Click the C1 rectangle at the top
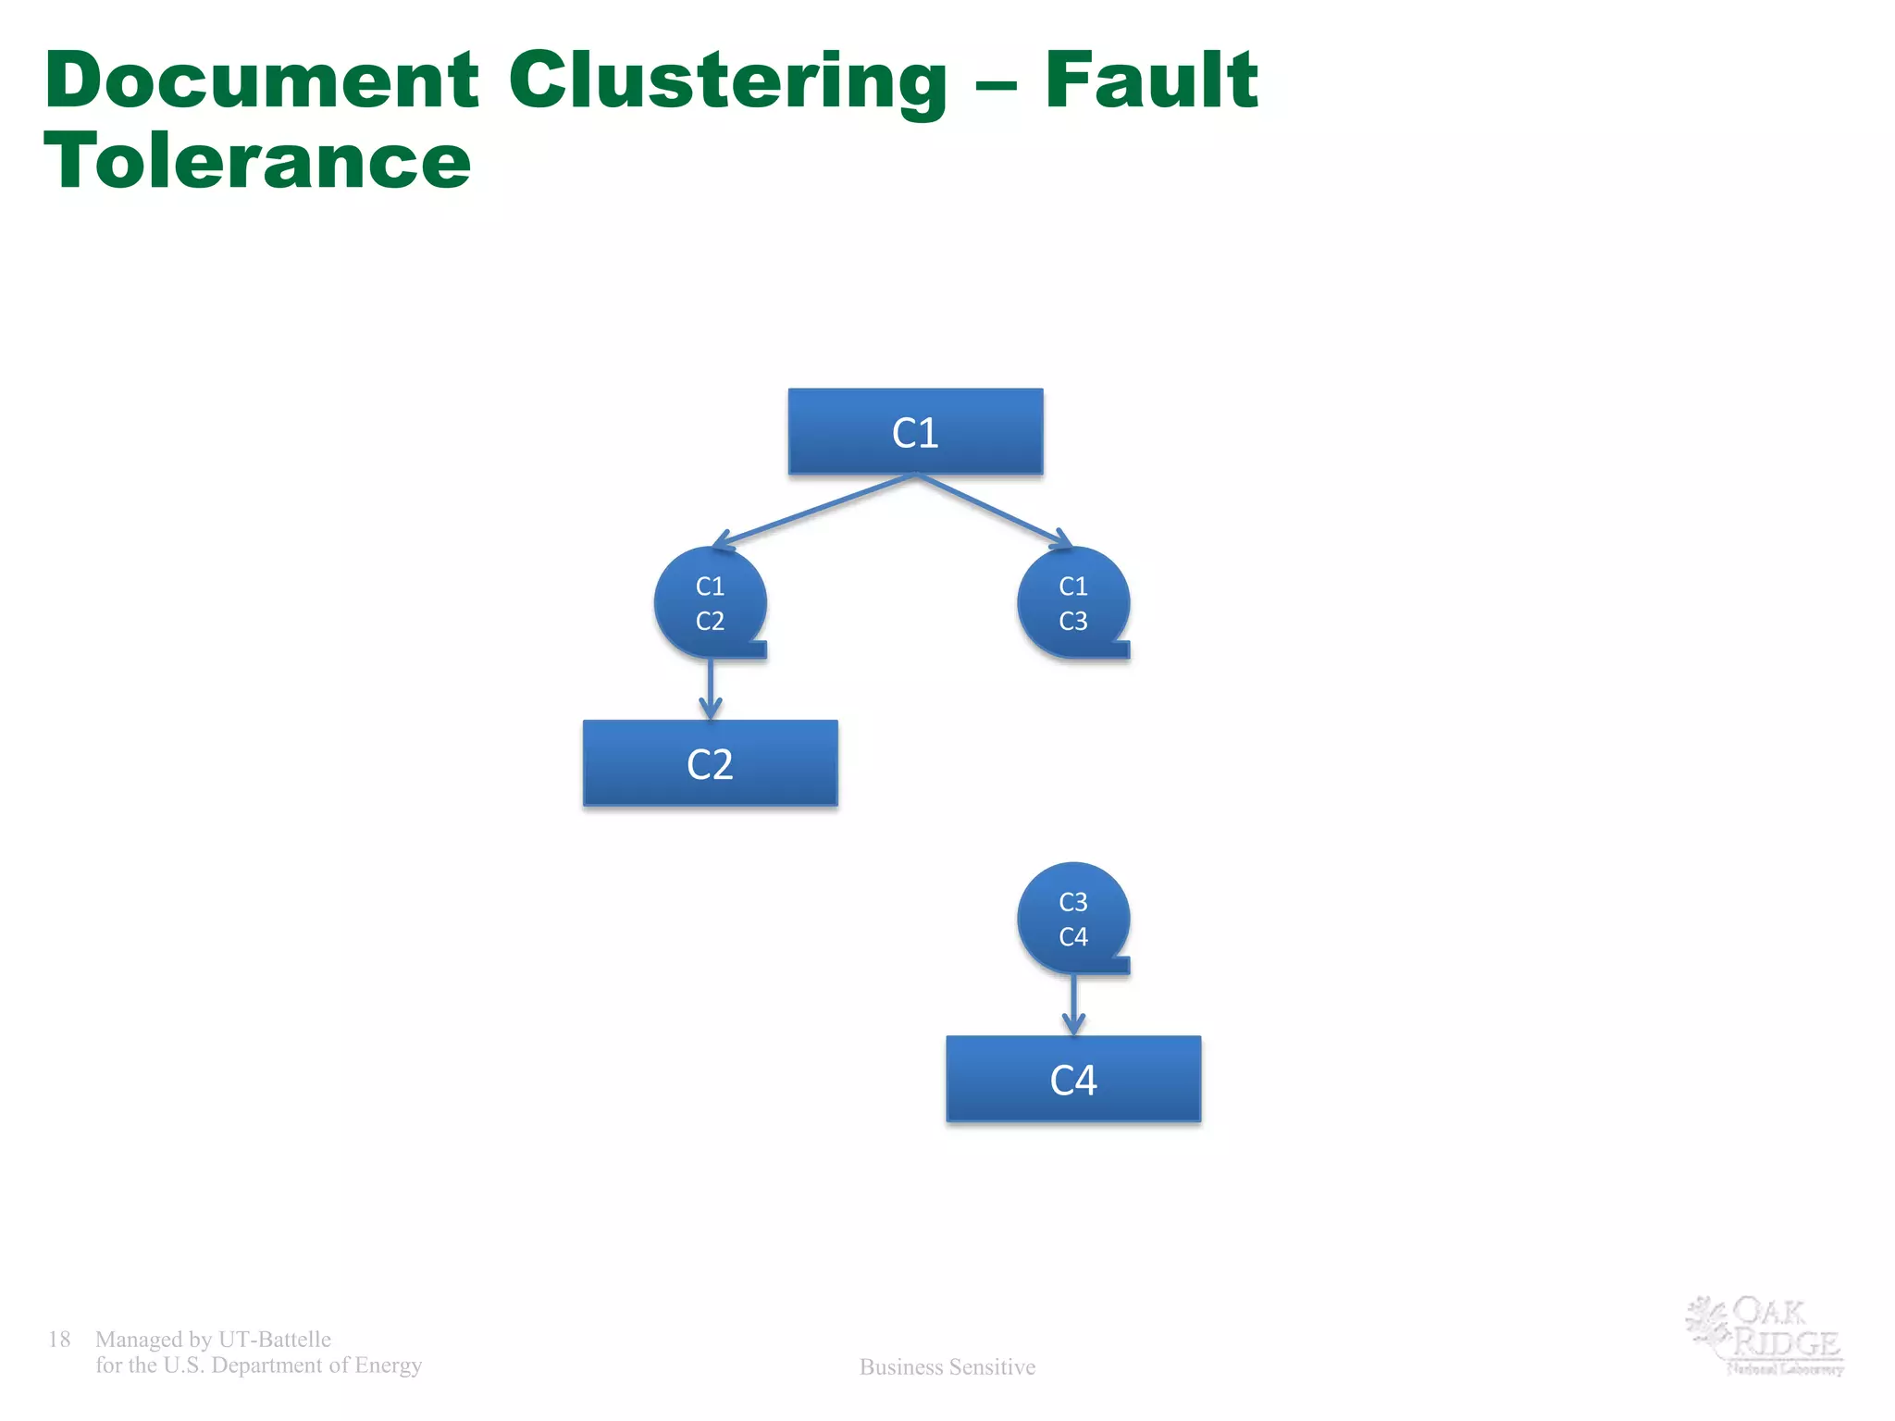click(915, 432)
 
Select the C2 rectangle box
click(710, 763)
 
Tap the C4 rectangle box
click(1073, 1079)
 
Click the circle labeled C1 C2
click(710, 602)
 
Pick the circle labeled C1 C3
click(1073, 602)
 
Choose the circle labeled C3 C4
click(1073, 918)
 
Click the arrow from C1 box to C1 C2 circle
click(814, 511)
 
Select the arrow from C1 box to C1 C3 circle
click(995, 511)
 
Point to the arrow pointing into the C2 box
click(710, 690)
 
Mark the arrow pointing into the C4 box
click(1073, 1006)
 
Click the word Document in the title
click(261, 80)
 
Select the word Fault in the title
click(1151, 80)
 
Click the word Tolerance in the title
click(257, 161)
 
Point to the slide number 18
click(59, 1339)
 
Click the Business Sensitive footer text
click(947, 1366)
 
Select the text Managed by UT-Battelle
click(213, 1339)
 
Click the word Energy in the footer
click(388, 1365)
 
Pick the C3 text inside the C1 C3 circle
click(1073, 621)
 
